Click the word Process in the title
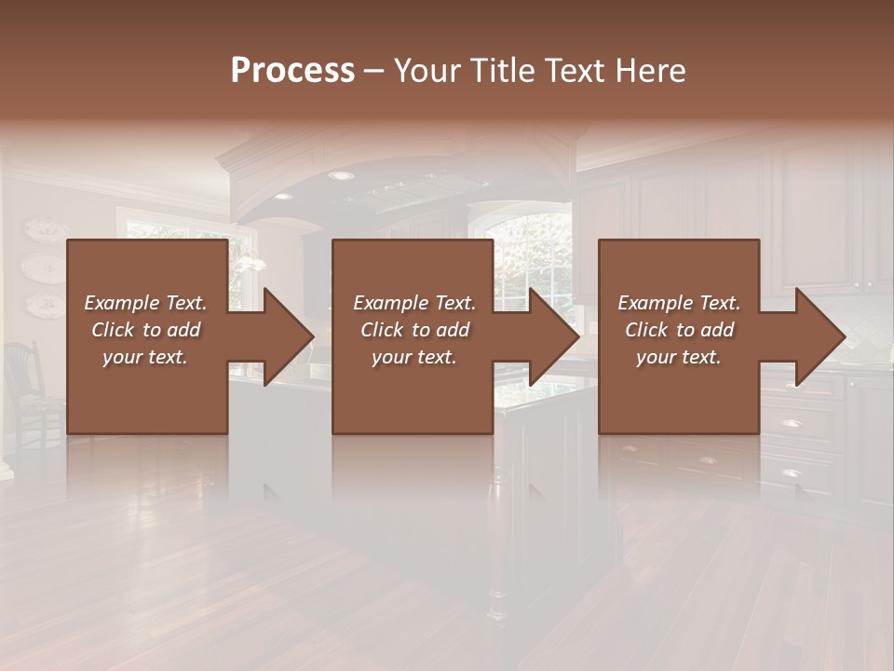(x=292, y=71)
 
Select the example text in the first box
(x=145, y=330)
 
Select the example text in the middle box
(x=413, y=330)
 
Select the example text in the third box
(x=678, y=330)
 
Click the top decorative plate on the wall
(x=43, y=229)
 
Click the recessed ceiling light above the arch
(x=342, y=175)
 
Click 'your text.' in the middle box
(x=413, y=357)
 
